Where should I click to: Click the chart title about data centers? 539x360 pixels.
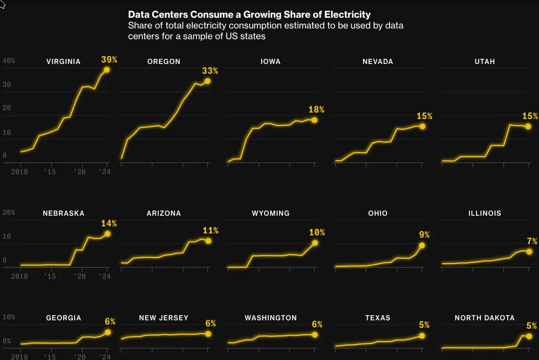coord(249,15)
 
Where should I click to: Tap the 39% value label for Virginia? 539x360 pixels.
coord(109,60)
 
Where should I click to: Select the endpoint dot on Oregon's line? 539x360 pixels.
coord(208,81)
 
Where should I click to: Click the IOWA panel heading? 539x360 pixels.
coord(271,62)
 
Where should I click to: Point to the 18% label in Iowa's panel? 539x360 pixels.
coord(316,110)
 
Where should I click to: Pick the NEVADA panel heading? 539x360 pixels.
coord(378,62)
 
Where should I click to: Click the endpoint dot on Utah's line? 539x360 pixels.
coord(528,127)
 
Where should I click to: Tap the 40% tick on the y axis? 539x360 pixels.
coord(9,61)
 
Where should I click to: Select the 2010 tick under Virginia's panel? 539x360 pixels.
coord(20,172)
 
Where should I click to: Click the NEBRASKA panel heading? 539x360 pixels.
coord(63,213)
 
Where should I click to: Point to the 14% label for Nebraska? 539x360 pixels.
coord(109,224)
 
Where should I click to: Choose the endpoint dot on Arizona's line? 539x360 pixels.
coord(208,241)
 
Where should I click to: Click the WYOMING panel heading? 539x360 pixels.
coord(271,213)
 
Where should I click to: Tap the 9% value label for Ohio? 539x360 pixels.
coord(424,235)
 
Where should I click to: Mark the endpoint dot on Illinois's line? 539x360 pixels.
coord(529,251)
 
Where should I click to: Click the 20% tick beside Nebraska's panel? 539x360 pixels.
coord(9,212)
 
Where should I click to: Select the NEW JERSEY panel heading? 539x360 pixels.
coord(164,318)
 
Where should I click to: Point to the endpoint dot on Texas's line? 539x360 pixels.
coord(422,336)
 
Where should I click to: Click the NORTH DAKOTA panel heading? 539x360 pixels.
coord(484,318)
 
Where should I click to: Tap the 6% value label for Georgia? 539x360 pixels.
coord(110,322)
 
